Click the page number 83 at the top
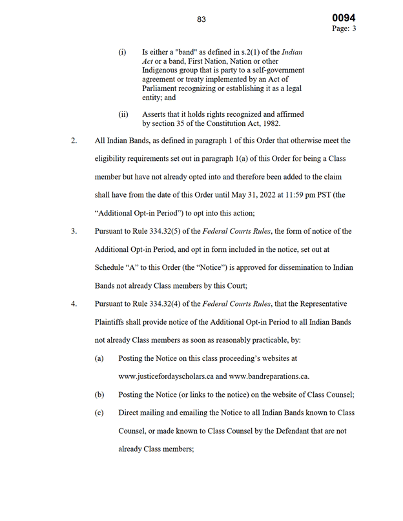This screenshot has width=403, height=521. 201,19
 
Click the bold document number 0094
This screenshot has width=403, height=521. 344,18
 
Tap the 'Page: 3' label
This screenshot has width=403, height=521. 344,29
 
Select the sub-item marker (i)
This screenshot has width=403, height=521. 122,52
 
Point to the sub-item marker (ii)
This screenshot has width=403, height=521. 123,114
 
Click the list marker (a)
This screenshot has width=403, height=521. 99,358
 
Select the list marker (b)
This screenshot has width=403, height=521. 99,394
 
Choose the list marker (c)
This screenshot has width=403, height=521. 99,413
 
